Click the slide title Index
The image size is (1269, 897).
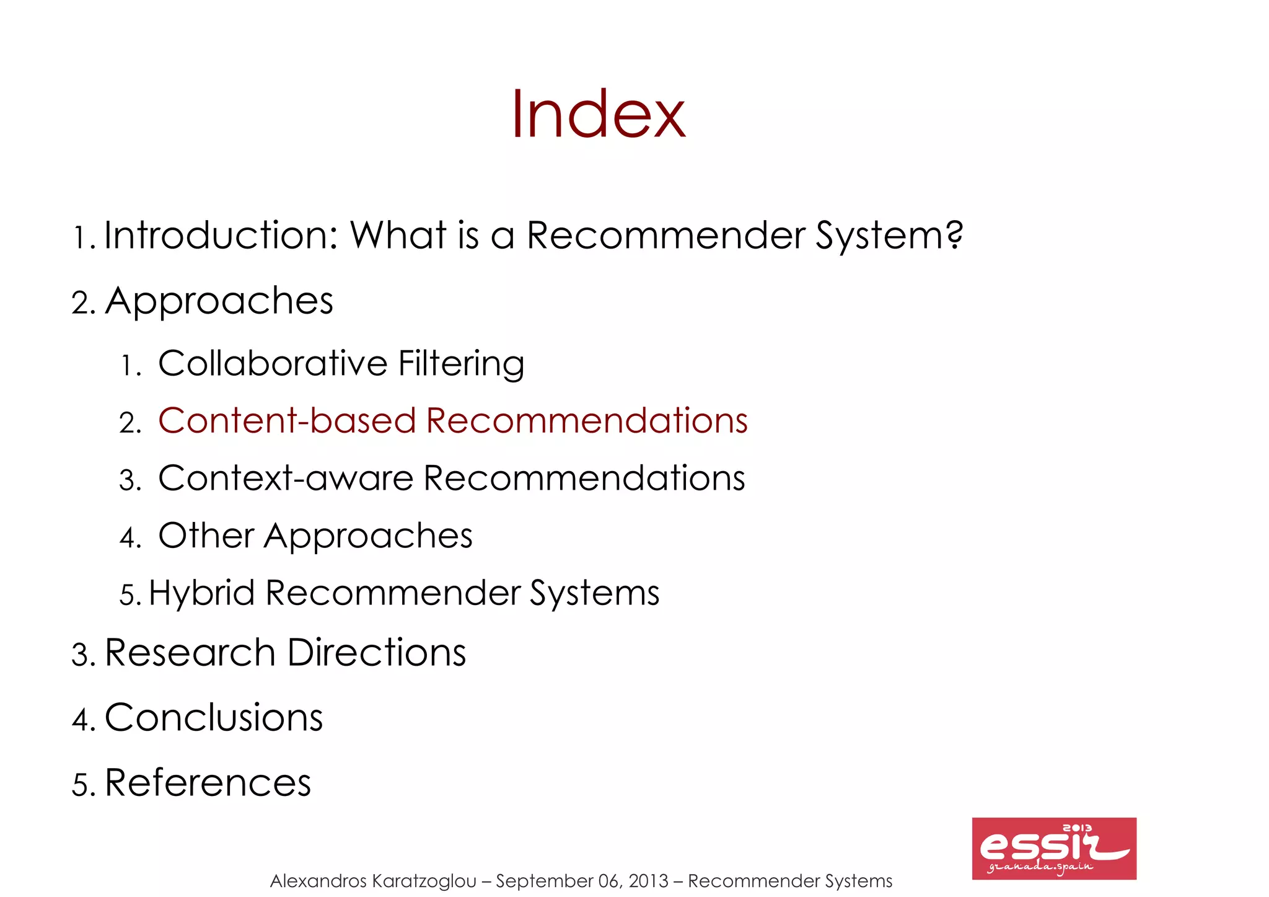click(x=599, y=114)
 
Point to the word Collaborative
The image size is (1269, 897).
click(x=273, y=363)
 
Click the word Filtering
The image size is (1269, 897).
click(x=462, y=363)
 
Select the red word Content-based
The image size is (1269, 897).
click(x=286, y=421)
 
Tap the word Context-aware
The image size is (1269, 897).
click(x=285, y=479)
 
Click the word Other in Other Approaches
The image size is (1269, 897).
click(x=206, y=536)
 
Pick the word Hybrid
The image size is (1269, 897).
click(x=202, y=593)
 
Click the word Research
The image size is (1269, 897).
click(x=190, y=653)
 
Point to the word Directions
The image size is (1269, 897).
click(x=377, y=653)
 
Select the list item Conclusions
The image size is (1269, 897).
click(x=214, y=718)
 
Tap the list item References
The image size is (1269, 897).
click(x=208, y=783)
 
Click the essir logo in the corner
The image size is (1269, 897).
click(x=1053, y=848)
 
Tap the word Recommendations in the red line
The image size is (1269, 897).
click(x=587, y=421)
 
